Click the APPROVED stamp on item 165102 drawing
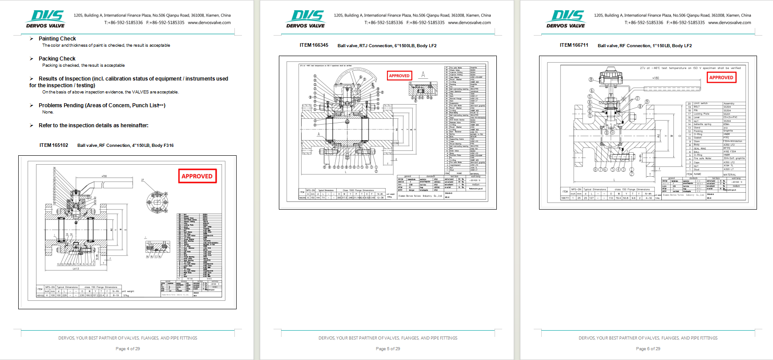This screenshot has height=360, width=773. pos(197,176)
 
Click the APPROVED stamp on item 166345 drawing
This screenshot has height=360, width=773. pos(399,76)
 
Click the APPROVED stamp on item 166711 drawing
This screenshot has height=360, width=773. pos(721,77)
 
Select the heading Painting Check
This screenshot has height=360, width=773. pos(57,39)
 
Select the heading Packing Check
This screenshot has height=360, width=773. pos(57,59)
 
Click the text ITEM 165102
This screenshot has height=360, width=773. pos(54,145)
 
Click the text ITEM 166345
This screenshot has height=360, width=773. pos(314,45)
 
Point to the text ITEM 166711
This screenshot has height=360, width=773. pos(574,45)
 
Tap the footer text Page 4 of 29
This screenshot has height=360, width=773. pos(128,348)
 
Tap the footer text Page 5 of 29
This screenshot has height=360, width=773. pos(388,348)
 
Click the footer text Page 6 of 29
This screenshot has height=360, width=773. pos(648,348)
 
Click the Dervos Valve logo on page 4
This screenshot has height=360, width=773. pos(46,19)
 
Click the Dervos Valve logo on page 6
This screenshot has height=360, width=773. pos(566,19)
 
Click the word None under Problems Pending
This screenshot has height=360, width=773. pos(48,112)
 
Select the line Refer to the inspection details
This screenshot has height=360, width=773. pos(93,125)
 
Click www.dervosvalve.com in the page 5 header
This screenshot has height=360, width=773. pos(469,23)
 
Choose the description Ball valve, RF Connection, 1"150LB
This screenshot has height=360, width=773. pos(644,45)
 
